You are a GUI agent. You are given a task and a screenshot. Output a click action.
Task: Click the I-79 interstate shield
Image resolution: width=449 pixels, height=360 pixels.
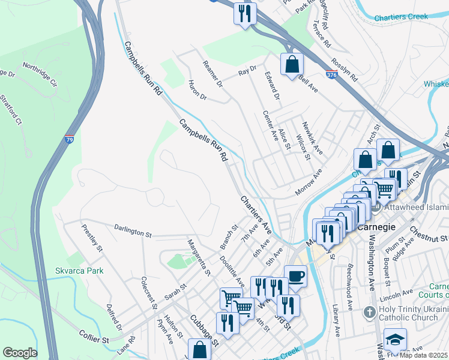(x=71, y=139)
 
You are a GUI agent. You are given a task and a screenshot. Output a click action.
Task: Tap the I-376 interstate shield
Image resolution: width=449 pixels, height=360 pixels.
(x=331, y=75)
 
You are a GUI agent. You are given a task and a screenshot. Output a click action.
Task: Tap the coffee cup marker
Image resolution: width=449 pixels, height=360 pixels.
(x=295, y=277)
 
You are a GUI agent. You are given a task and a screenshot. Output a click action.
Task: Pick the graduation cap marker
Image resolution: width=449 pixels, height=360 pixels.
(x=395, y=340)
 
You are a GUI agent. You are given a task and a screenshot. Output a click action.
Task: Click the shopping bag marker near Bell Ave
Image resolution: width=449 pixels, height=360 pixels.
(x=292, y=64)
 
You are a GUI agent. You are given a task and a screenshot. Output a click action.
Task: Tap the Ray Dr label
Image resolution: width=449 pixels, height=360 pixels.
(x=247, y=71)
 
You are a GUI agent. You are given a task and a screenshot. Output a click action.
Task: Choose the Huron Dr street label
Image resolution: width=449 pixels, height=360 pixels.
(x=197, y=90)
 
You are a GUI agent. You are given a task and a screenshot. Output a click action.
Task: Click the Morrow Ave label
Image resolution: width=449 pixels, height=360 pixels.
(x=309, y=182)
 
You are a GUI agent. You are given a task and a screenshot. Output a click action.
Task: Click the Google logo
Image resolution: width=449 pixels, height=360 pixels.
(x=20, y=353)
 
